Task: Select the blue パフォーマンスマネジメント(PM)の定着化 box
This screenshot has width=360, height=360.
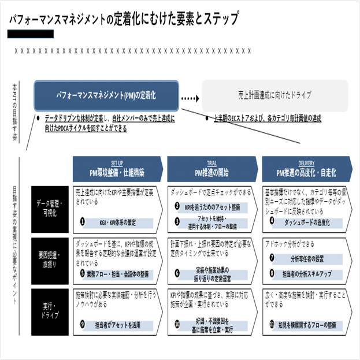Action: tap(106, 94)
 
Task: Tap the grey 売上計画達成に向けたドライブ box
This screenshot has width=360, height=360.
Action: tap(274, 95)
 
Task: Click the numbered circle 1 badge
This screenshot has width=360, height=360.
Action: tap(83, 221)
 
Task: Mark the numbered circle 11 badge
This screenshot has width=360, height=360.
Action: tap(272, 325)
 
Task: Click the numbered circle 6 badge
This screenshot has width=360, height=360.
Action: tap(177, 273)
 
